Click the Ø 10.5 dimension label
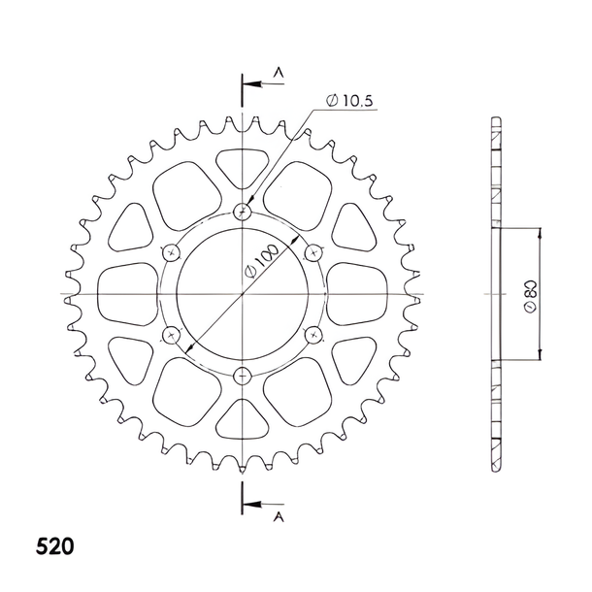click(349, 101)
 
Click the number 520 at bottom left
click(55, 546)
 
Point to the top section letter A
click(279, 72)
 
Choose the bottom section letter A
click(279, 517)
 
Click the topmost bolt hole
click(242, 212)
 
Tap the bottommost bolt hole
click(242, 376)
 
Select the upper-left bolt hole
click(171, 252)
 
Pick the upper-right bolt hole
click(313, 252)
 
